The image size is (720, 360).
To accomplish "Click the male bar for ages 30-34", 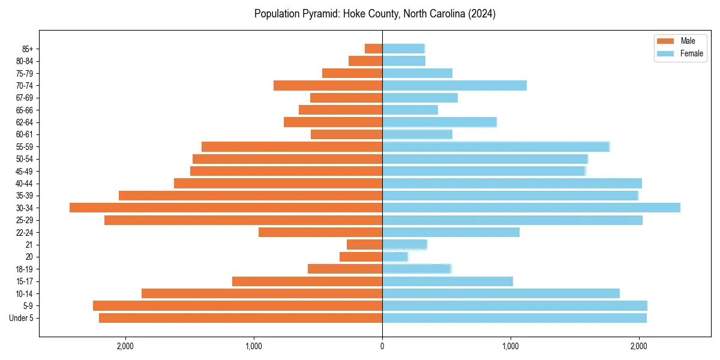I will pyautogui.click(x=226, y=208).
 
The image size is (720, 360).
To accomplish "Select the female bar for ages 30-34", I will pyautogui.click(x=531, y=208).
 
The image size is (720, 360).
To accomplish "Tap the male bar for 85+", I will pyautogui.click(x=373, y=49).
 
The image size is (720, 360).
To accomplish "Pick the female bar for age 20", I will pyautogui.click(x=395, y=257).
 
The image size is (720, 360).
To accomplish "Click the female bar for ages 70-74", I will pyautogui.click(x=454, y=85).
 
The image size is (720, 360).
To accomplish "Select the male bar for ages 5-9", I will pyautogui.click(x=238, y=305).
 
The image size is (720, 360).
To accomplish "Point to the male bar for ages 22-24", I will pyautogui.click(x=320, y=232).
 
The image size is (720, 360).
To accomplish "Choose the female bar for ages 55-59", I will pyautogui.click(x=496, y=146).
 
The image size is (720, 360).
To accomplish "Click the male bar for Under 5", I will pyautogui.click(x=241, y=318).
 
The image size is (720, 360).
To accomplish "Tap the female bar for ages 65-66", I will pyautogui.click(x=410, y=110).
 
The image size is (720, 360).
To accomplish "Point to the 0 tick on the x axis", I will pyautogui.click(x=382, y=346).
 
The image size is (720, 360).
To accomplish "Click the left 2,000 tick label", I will pyautogui.click(x=125, y=346).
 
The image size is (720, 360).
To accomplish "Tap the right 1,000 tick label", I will pyautogui.click(x=511, y=346).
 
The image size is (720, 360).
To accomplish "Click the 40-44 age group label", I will pyautogui.click(x=23, y=184).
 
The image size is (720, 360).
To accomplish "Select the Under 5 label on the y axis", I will pyautogui.click(x=21, y=318).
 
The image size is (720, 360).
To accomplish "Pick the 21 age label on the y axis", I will pyautogui.click(x=29, y=245).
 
